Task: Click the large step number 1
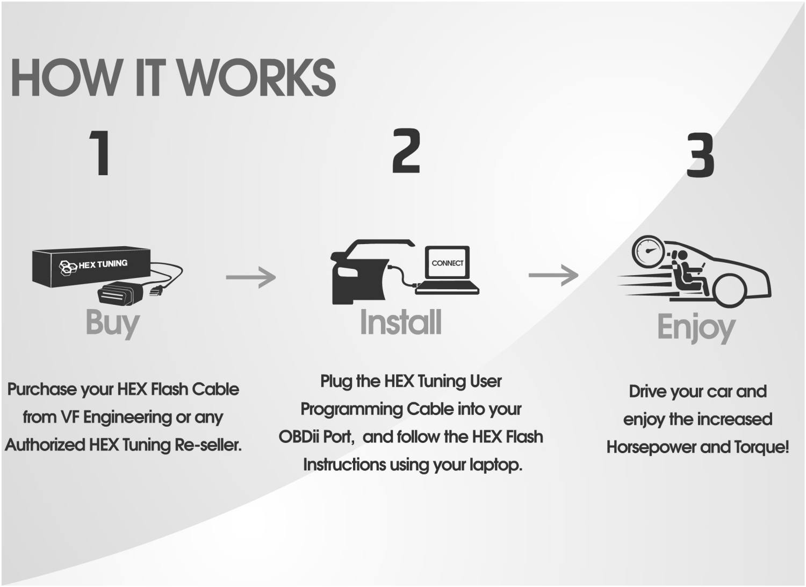coord(102,153)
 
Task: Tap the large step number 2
coord(406,151)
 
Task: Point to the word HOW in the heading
coord(63,78)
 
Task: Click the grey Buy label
coord(112,323)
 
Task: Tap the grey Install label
coord(401,322)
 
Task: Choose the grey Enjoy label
coord(696,327)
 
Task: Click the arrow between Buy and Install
coord(250,277)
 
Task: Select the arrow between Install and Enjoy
coord(553,275)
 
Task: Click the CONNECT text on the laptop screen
coord(447,263)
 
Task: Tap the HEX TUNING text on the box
coord(103,264)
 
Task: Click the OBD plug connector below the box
coord(119,293)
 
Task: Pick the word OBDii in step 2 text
coord(300,436)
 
